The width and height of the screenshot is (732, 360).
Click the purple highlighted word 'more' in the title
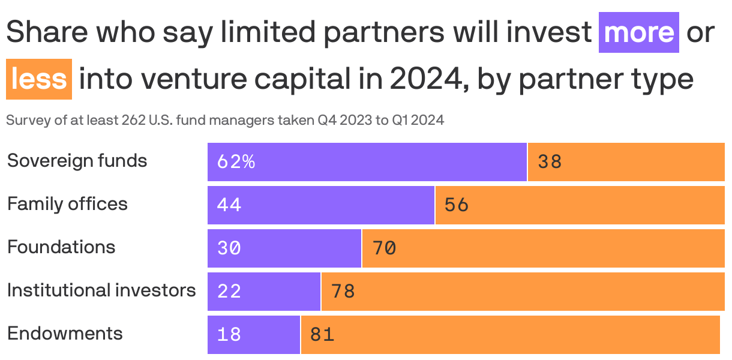click(639, 32)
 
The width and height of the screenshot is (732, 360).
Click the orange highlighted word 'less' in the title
click(38, 79)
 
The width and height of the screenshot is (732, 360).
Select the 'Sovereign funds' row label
click(77, 161)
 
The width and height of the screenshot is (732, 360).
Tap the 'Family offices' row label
click(67, 204)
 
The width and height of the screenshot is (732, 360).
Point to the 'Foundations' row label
click(61, 247)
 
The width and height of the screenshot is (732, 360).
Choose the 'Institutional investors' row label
click(101, 290)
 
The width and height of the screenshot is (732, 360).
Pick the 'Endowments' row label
click(65, 334)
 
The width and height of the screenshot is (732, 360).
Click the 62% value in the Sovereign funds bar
click(236, 162)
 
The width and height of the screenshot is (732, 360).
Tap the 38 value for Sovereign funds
click(550, 162)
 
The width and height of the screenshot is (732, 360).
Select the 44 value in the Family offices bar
click(229, 205)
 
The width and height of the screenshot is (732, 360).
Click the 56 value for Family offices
click(457, 205)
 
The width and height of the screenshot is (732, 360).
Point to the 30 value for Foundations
click(229, 248)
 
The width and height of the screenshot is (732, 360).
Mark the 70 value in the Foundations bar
click(384, 248)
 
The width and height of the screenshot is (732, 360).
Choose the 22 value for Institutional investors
click(229, 292)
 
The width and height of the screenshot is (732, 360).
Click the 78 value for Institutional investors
click(343, 292)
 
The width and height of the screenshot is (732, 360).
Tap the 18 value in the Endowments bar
click(229, 335)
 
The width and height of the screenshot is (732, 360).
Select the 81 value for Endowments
click(322, 335)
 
